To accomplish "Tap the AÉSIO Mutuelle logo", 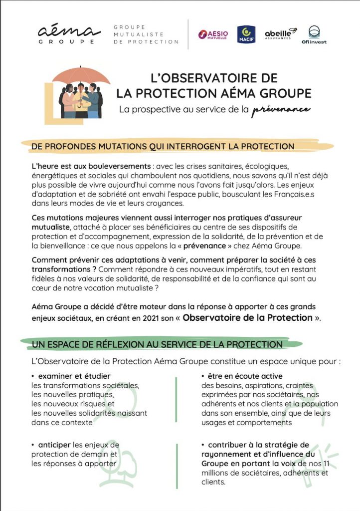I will [x=213, y=34].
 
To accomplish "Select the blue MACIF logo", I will [x=246, y=34].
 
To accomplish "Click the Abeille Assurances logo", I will [x=281, y=33].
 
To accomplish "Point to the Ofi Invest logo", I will [x=315, y=34].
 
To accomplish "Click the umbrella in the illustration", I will [x=81, y=76].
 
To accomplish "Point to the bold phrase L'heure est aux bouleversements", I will [x=91, y=166].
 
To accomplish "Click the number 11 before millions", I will [x=326, y=464].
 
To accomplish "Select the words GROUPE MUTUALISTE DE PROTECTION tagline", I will [x=146, y=34].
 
